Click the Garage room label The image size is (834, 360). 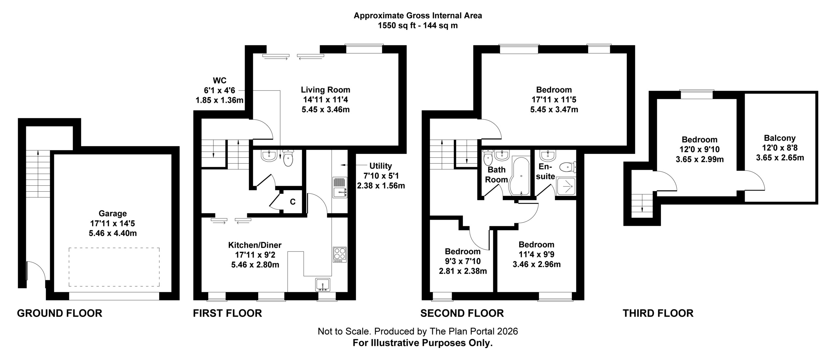[113, 214]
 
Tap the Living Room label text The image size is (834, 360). [325, 90]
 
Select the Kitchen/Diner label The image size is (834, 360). [255, 245]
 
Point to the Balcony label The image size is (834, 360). [780, 138]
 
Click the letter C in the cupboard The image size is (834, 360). [293, 202]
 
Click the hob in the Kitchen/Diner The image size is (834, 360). [340, 255]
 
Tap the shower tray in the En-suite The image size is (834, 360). [566, 186]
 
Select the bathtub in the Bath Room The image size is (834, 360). [520, 176]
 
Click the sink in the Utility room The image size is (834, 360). [340, 187]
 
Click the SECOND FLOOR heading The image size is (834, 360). [462, 313]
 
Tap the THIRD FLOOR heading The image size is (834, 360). [658, 313]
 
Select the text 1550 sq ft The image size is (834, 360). [397, 26]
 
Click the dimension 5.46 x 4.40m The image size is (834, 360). [113, 233]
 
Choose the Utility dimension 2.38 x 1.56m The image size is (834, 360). [381, 186]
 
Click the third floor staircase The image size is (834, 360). [642, 206]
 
